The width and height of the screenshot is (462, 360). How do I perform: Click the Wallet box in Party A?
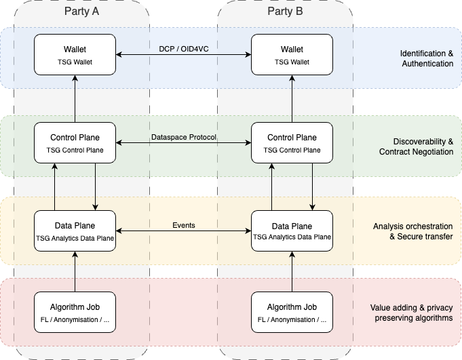[x=75, y=55]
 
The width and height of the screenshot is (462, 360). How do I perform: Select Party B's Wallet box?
[x=292, y=55]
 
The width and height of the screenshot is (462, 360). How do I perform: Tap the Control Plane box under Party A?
[x=75, y=142]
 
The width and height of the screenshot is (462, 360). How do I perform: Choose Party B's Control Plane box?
[x=292, y=142]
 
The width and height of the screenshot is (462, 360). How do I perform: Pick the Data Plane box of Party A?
[x=75, y=231]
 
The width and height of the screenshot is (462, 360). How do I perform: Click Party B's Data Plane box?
[x=292, y=231]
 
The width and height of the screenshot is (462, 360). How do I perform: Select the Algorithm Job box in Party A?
[x=75, y=312]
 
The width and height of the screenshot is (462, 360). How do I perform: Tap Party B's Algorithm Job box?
[x=292, y=312]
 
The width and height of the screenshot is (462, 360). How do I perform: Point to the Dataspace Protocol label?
[x=183, y=137]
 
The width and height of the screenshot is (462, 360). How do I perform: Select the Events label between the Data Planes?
[x=183, y=225]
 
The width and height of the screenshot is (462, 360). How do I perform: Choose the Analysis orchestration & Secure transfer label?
[x=412, y=231]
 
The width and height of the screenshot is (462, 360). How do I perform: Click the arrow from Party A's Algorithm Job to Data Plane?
[x=75, y=271]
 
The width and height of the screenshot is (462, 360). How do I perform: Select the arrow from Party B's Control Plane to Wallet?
[x=292, y=99]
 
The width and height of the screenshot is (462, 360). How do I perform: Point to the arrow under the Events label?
[x=183, y=234]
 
